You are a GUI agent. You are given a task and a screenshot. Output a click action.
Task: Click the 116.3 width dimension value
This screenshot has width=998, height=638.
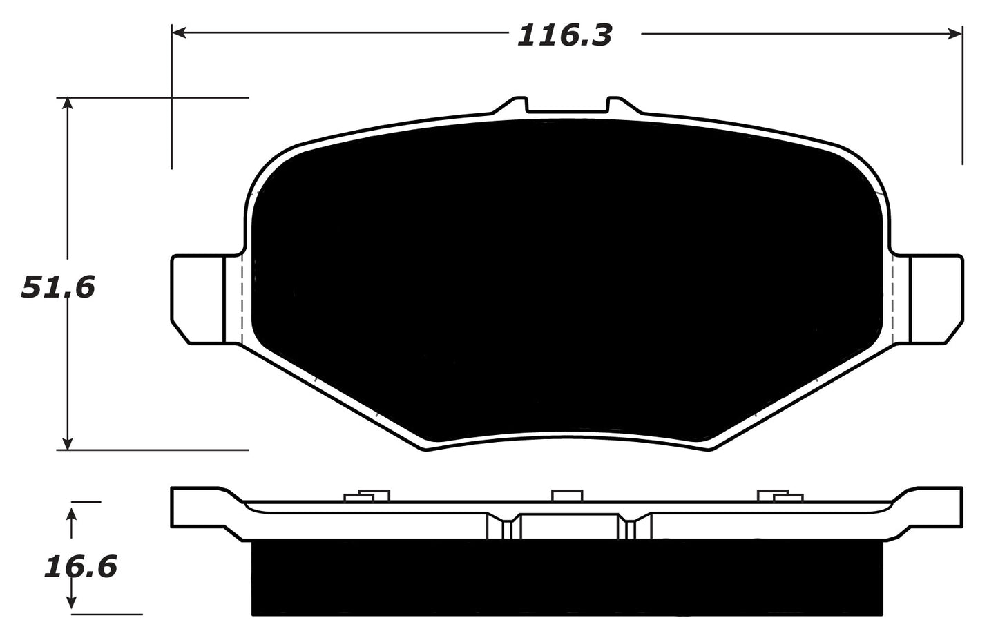(564, 35)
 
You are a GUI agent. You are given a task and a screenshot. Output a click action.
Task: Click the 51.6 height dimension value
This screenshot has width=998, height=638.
(57, 287)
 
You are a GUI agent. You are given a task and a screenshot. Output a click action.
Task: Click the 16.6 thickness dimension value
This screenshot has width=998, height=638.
(80, 567)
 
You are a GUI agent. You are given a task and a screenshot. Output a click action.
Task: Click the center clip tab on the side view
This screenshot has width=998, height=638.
(566, 494)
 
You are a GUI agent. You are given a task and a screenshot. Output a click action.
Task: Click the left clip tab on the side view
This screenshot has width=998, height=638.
(366, 495)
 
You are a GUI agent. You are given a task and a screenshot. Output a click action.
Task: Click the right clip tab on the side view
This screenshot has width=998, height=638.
(780, 495)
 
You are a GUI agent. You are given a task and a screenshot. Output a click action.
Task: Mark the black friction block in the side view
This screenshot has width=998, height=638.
(566, 577)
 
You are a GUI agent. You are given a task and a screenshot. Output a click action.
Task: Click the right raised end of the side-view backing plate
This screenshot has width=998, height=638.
(936, 507)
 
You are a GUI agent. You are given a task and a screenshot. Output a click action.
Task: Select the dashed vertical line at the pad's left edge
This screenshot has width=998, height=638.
(241, 298)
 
